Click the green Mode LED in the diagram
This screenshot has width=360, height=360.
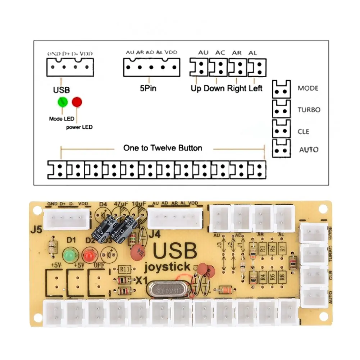(x=63, y=102)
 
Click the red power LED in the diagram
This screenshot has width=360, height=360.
(x=77, y=102)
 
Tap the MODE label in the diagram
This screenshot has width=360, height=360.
(x=308, y=88)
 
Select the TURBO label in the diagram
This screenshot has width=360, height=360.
(x=309, y=110)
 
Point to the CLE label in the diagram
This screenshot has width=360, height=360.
(x=303, y=131)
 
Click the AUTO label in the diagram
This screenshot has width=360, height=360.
(x=309, y=149)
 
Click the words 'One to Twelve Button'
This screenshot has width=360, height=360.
(x=163, y=148)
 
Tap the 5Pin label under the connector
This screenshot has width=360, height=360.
(x=148, y=88)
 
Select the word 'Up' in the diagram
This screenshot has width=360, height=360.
(x=196, y=88)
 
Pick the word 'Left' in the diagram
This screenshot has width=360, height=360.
(x=255, y=88)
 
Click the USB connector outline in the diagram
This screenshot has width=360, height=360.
(x=70, y=67)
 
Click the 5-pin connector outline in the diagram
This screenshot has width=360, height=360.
(x=151, y=67)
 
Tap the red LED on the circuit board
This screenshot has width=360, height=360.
(x=88, y=256)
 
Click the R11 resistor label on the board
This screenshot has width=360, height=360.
(x=124, y=269)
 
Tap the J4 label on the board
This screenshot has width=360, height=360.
(x=154, y=234)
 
